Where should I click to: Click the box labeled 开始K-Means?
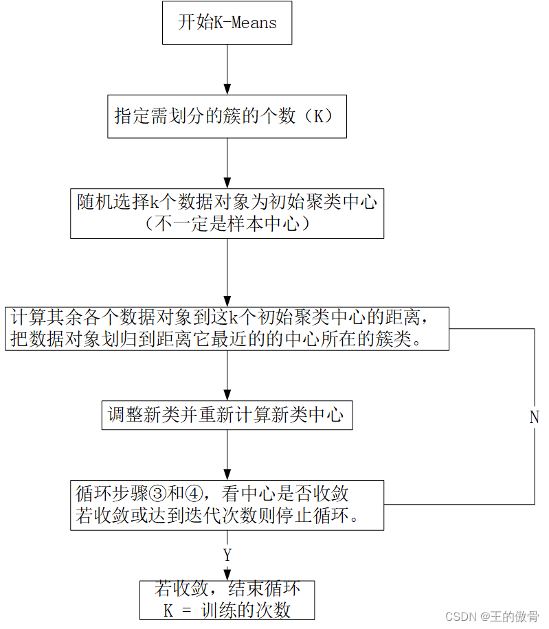click(227, 23)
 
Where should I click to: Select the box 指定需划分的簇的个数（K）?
click(227, 116)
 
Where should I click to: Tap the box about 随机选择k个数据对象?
click(227, 214)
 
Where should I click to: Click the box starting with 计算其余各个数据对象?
click(227, 328)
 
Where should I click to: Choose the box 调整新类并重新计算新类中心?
click(227, 415)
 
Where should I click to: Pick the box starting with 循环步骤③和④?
click(227, 505)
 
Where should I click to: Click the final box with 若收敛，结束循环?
click(227, 600)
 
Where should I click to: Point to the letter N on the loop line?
click(534, 418)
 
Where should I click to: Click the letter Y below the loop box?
click(227, 555)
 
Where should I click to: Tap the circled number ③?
click(157, 494)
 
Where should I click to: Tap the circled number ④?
click(194, 494)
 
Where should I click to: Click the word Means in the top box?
click(254, 23)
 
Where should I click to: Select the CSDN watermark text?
click(492, 616)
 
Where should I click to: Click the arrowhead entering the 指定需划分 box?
click(227, 89)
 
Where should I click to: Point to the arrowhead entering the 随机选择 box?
click(227, 183)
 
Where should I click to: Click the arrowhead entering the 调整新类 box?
click(227, 395)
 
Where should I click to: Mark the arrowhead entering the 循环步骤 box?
click(227, 475)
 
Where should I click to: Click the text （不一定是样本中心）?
click(227, 223)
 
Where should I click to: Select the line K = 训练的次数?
click(227, 610)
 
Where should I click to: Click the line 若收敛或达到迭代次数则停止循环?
click(216, 516)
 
